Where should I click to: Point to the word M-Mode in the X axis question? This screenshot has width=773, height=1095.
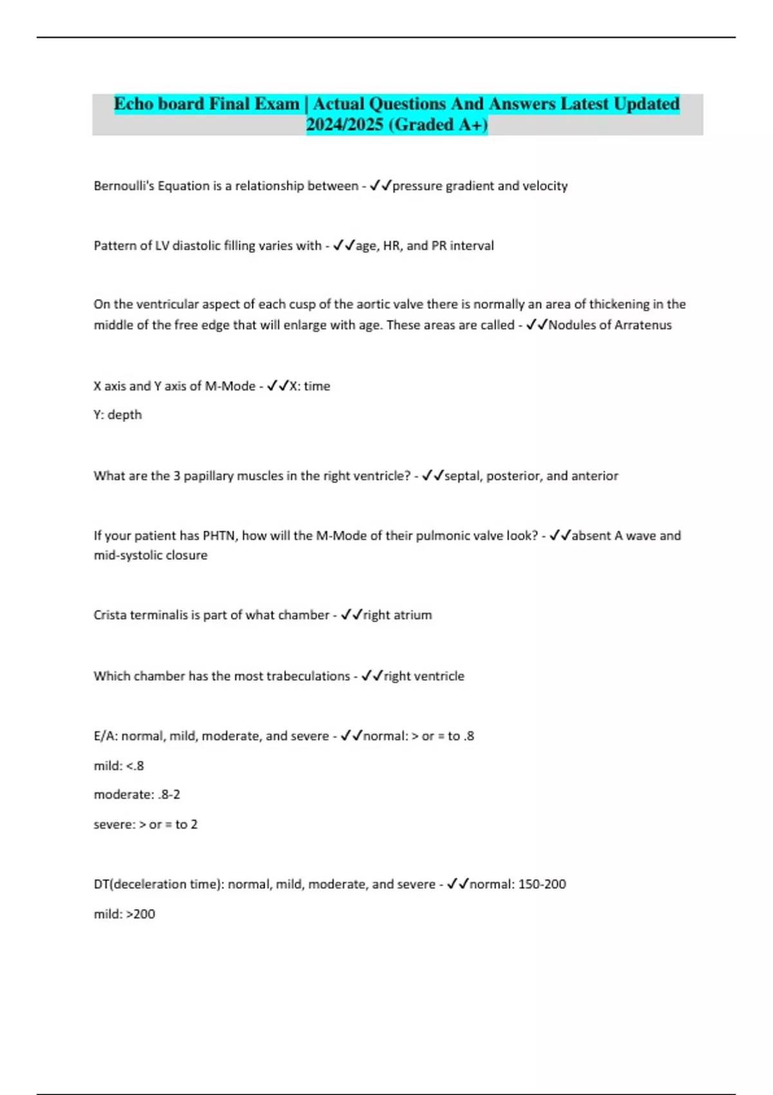[230, 386]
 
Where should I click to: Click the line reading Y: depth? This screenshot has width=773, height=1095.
[118, 415]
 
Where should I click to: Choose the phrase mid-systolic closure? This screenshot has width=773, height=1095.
[151, 555]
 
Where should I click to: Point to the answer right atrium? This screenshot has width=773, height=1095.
[397, 615]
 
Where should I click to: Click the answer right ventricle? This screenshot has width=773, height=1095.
[424, 676]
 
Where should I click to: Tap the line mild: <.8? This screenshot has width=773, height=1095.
[119, 766]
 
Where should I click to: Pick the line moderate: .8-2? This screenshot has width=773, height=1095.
[137, 795]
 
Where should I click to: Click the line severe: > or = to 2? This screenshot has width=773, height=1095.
[146, 824]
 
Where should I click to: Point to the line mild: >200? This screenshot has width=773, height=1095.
[124, 914]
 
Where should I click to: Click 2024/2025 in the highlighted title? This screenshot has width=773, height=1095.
[345, 125]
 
